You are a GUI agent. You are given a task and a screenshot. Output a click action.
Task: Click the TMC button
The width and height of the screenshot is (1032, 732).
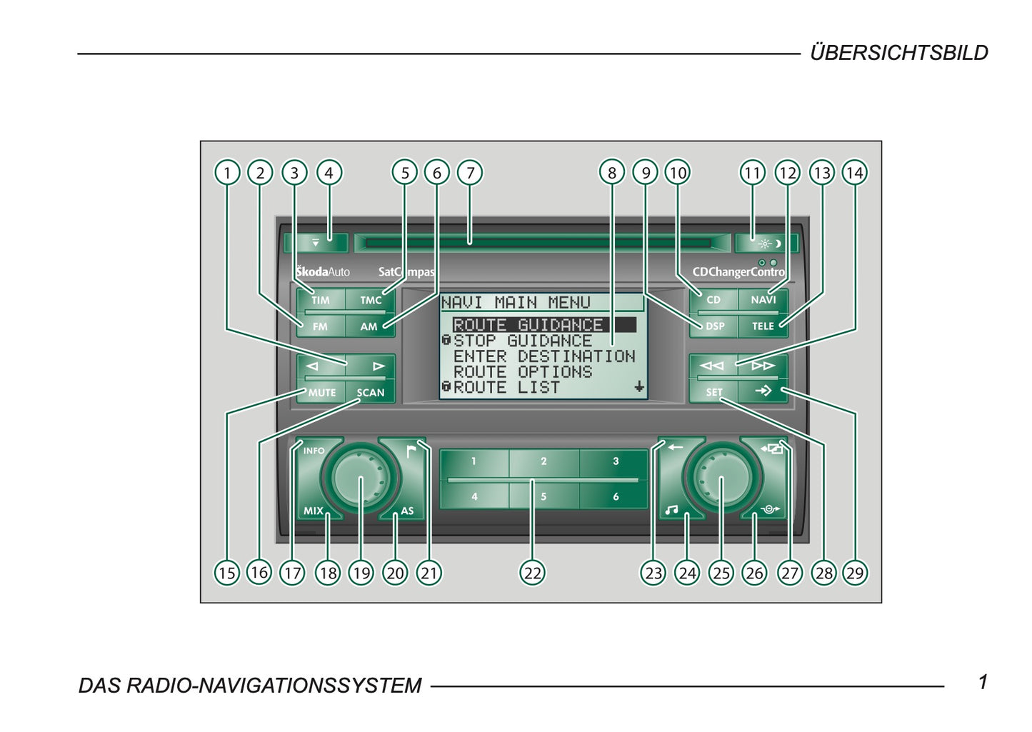click(371, 300)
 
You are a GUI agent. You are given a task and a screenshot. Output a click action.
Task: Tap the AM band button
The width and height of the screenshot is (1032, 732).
click(369, 326)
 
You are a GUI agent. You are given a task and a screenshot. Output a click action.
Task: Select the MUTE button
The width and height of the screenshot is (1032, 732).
click(321, 392)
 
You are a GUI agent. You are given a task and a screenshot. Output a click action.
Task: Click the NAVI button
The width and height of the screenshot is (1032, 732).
click(763, 300)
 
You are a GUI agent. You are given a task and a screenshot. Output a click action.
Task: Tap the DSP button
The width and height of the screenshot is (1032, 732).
click(714, 326)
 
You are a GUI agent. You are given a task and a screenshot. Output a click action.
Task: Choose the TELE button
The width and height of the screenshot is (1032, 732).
click(763, 326)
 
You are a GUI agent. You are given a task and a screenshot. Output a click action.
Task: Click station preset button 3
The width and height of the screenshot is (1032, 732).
click(615, 461)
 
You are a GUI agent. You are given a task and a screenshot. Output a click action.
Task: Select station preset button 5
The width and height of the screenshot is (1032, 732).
click(543, 496)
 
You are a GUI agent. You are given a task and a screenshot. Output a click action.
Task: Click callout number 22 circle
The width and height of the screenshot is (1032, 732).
click(533, 573)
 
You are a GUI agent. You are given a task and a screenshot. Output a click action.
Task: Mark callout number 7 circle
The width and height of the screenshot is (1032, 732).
click(470, 172)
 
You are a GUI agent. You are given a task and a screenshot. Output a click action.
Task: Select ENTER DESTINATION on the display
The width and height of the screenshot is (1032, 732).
click(543, 356)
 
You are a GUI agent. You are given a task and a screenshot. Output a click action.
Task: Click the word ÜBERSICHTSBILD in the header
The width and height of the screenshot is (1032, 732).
click(898, 53)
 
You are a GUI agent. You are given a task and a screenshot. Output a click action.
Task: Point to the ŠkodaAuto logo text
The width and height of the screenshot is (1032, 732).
click(323, 271)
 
